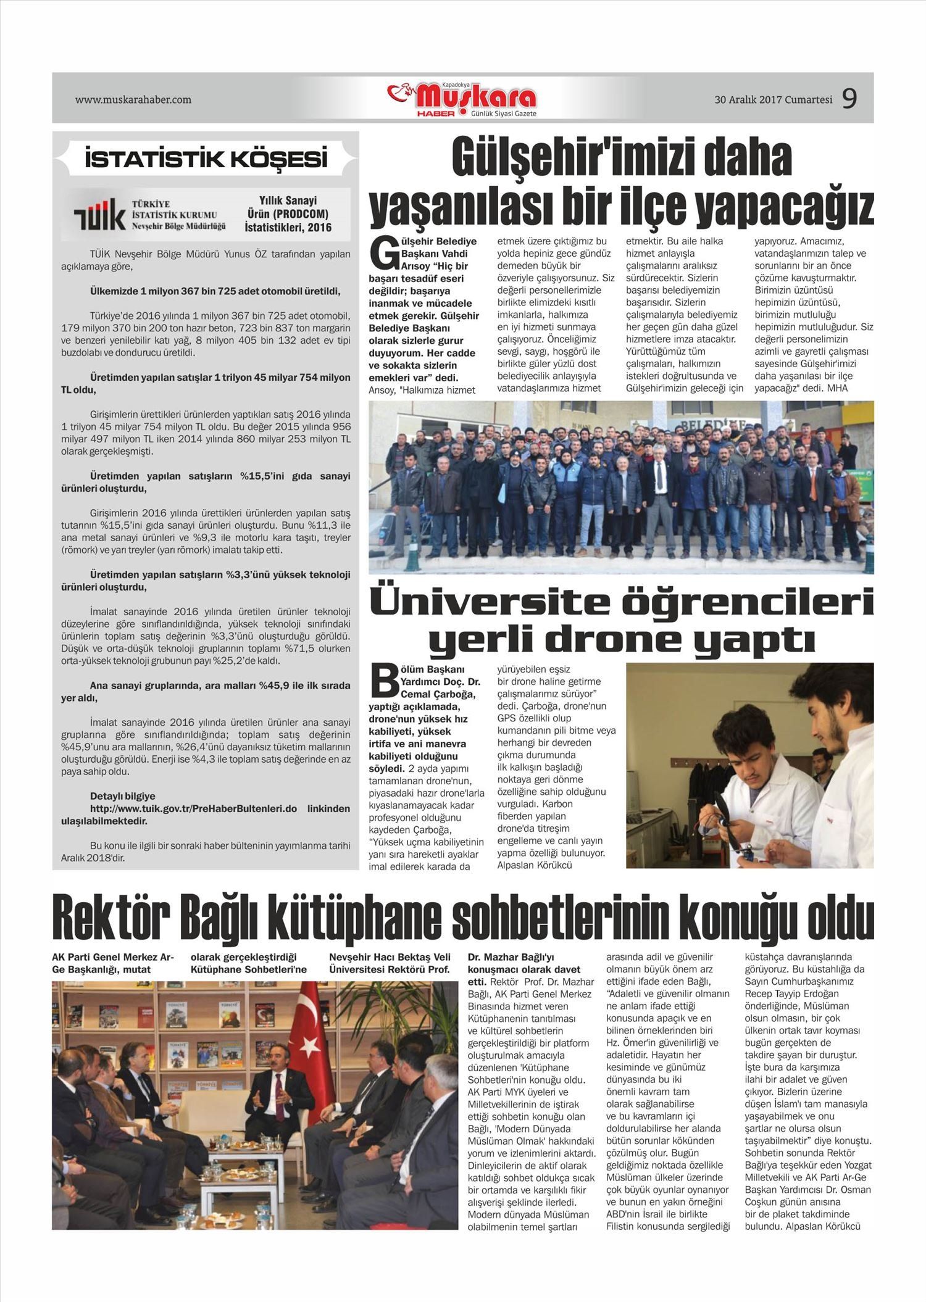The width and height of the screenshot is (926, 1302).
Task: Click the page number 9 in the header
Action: (x=849, y=99)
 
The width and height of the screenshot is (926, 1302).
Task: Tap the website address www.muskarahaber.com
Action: (x=133, y=99)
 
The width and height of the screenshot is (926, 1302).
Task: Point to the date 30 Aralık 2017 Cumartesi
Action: (x=773, y=99)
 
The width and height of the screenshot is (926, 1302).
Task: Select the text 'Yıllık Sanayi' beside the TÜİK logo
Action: (x=288, y=201)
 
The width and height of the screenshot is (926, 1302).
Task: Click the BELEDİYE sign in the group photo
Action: (x=710, y=425)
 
